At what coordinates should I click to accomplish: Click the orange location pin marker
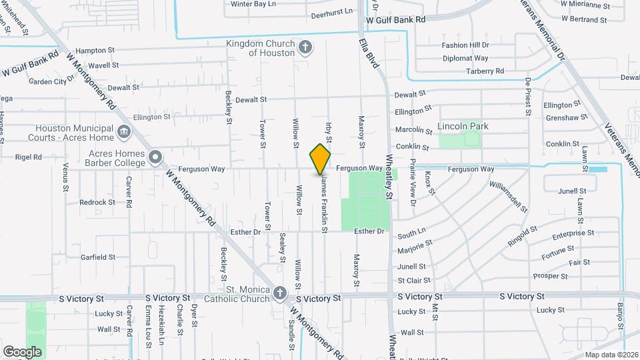point(320,159)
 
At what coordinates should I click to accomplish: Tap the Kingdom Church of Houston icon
point(305,47)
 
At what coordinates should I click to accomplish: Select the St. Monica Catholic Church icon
point(280,293)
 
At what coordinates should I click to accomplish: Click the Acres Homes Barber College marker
point(155,158)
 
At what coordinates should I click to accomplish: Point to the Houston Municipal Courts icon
point(123,132)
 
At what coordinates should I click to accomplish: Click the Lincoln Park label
point(463,126)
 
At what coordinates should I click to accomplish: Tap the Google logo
point(22,351)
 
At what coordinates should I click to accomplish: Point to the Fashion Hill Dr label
point(465,45)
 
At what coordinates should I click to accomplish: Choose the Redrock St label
point(97,202)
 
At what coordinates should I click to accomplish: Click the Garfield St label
point(98,257)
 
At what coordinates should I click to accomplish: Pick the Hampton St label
point(95,50)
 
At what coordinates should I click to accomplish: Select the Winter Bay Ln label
point(253,4)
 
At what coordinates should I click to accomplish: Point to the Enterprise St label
point(573,233)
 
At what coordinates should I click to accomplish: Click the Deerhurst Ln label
point(330,11)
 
